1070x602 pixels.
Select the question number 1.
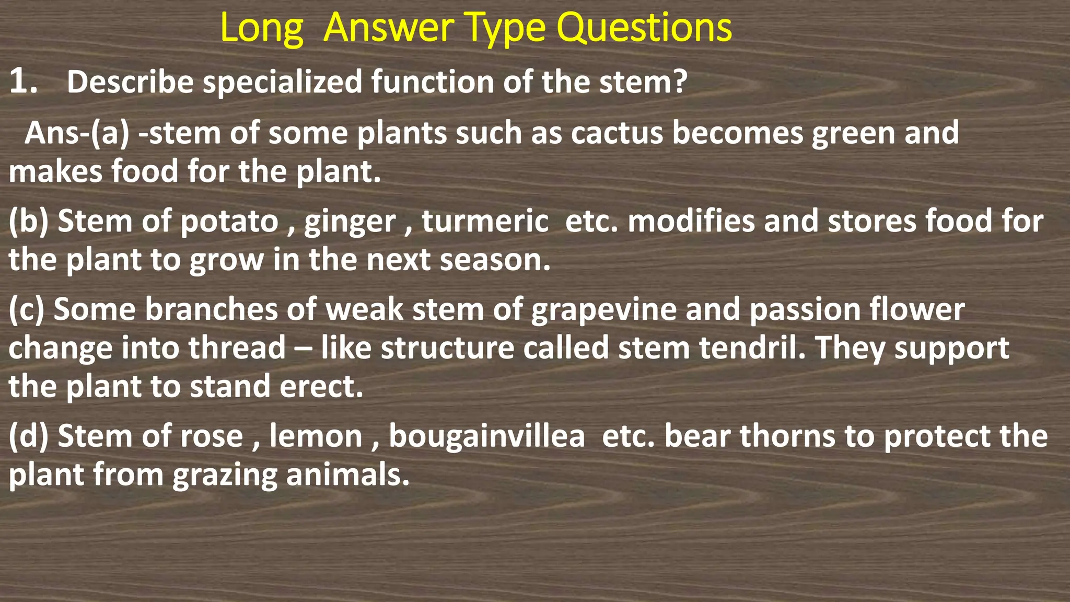(23, 82)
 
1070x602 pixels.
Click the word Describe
(130, 82)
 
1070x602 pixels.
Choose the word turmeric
(485, 221)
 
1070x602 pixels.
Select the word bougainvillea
(486, 437)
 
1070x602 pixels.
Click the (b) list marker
(28, 221)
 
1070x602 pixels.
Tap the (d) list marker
(28, 436)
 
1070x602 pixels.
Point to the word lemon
(316, 436)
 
